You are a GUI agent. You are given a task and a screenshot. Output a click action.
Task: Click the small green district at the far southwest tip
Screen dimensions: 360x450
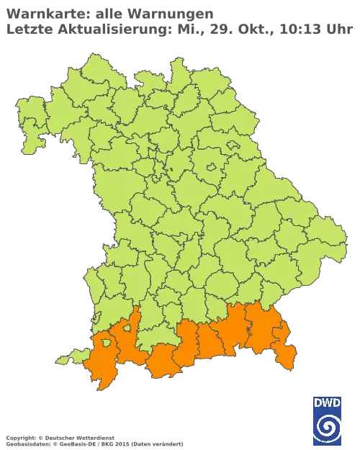point(68,356)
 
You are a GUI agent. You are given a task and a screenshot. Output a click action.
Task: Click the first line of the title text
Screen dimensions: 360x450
point(108,12)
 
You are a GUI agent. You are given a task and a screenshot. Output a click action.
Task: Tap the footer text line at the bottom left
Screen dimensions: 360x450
point(94,438)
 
